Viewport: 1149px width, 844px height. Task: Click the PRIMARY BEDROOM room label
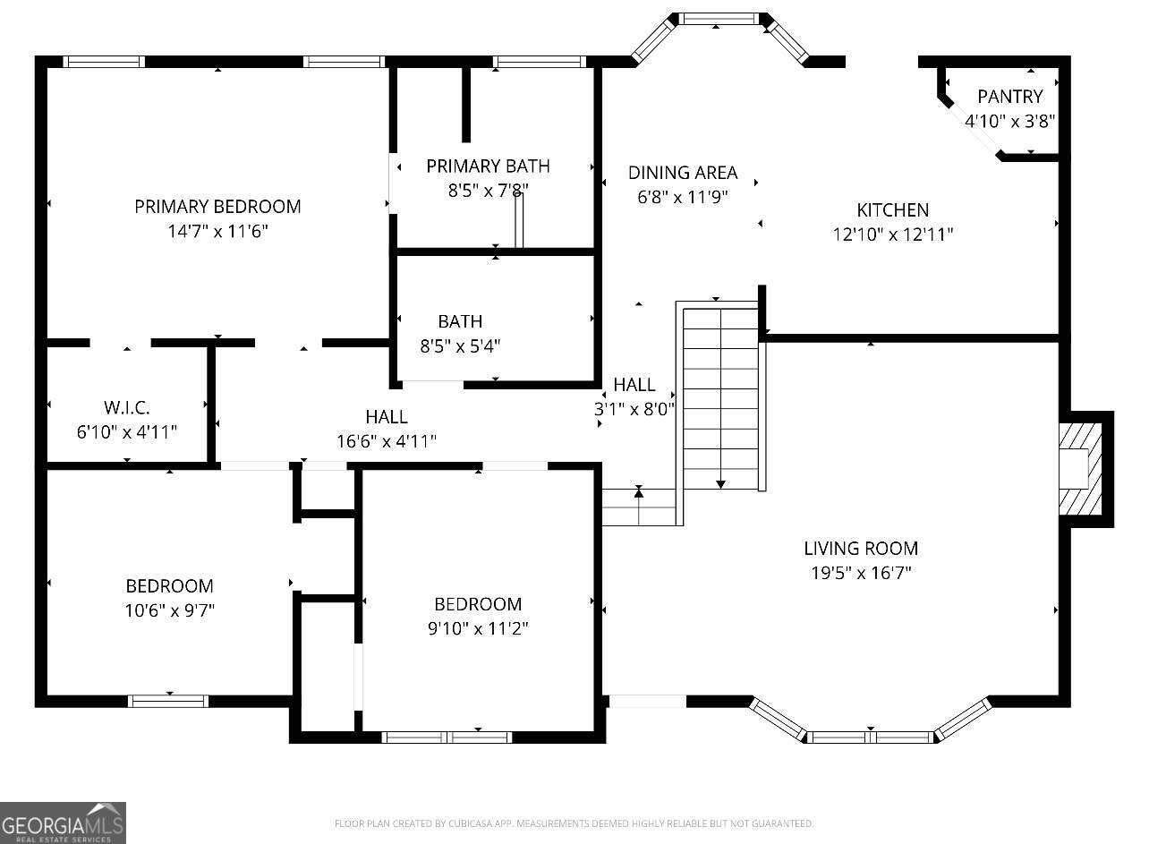coord(217,207)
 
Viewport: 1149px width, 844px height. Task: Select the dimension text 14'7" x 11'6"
coord(217,231)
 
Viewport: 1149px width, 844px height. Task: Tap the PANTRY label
coord(1009,97)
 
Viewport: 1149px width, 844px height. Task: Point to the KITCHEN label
coord(892,210)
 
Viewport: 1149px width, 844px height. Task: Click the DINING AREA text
coord(682,173)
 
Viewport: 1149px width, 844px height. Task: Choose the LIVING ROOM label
coord(860,549)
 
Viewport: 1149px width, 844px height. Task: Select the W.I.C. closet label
coord(126,408)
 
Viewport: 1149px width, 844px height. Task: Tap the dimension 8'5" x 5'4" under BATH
coord(460,345)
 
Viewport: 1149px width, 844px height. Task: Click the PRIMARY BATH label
coord(488,166)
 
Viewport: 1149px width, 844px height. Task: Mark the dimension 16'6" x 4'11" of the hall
coord(387,440)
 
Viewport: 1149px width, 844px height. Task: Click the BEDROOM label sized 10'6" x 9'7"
coord(169,586)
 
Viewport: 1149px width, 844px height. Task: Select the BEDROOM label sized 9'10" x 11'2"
coord(478,604)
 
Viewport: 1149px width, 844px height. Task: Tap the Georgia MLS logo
coord(63,823)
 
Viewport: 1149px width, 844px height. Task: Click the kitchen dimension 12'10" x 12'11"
coord(892,234)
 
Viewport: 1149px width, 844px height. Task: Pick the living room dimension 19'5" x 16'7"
coord(860,573)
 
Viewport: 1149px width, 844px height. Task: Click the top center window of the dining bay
coord(719,18)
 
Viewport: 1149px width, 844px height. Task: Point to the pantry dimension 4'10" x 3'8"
coord(1009,121)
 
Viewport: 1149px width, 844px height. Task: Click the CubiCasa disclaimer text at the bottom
coord(574,823)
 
